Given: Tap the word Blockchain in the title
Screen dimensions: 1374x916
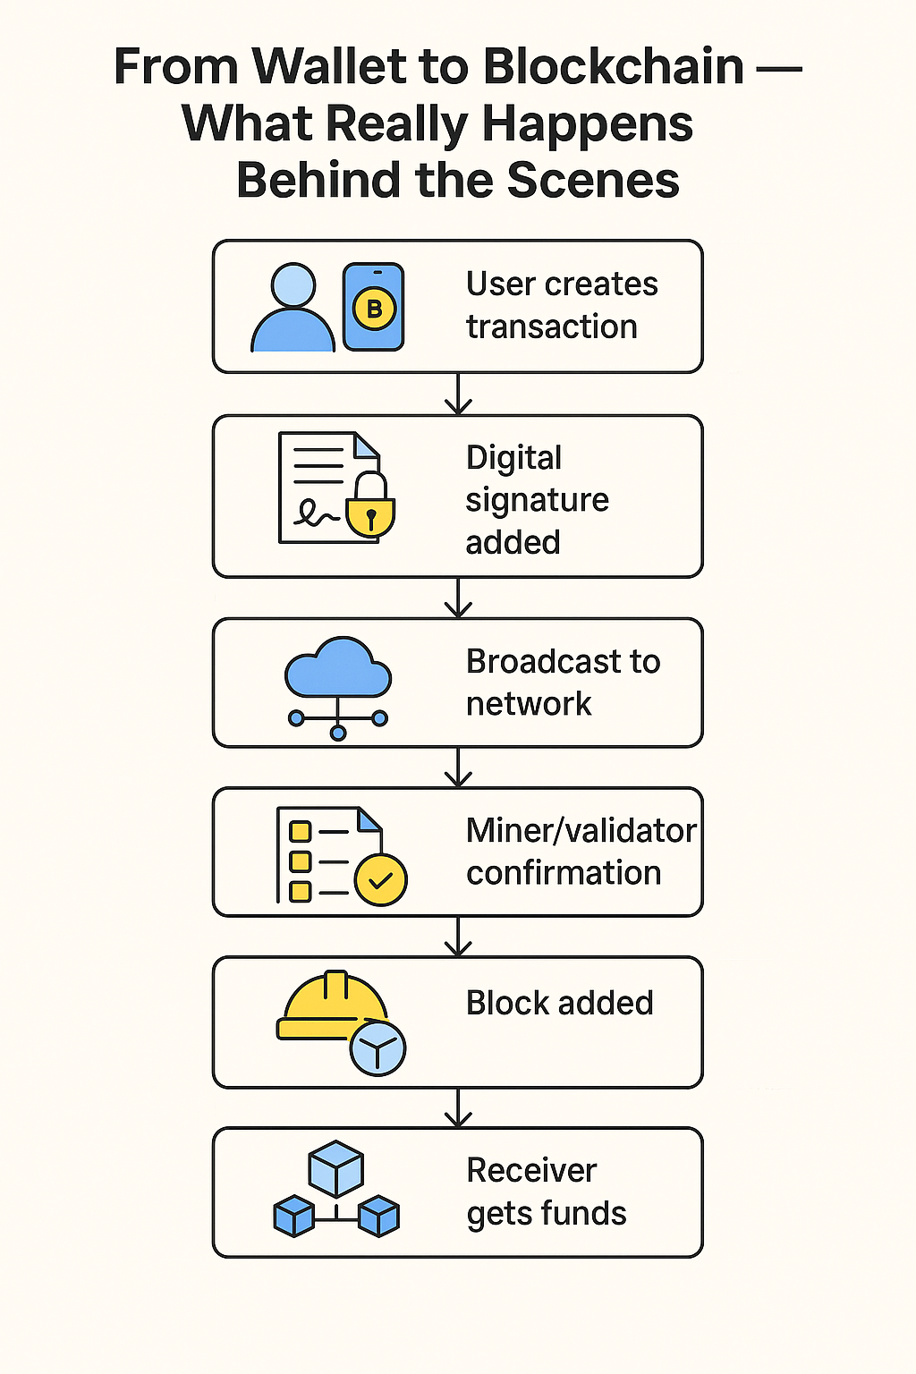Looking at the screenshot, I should [x=614, y=67].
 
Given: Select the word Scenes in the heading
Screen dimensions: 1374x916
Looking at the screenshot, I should [x=593, y=181].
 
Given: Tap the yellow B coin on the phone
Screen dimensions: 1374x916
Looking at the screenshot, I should [x=374, y=310].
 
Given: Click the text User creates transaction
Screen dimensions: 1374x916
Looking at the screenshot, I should [x=561, y=305].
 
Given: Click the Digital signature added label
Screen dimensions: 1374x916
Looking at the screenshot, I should [x=537, y=499].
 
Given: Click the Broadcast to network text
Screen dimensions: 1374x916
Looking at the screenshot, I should [x=563, y=683].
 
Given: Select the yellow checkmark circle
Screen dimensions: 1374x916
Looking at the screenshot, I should [x=381, y=880].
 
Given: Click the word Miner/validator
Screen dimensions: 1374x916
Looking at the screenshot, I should [x=581, y=831].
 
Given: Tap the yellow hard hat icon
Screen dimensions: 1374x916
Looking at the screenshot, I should [x=330, y=1006].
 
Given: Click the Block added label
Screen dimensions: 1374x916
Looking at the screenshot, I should [x=559, y=1003].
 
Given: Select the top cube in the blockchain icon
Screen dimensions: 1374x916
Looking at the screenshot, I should [x=335, y=1168].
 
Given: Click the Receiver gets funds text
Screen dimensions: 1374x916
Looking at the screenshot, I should [x=546, y=1192].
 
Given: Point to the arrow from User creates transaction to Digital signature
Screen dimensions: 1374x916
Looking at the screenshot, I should [x=458, y=394].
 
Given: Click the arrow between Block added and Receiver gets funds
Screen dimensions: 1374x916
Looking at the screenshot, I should [x=458, y=1108].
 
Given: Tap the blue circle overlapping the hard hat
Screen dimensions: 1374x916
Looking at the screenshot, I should [x=377, y=1048].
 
